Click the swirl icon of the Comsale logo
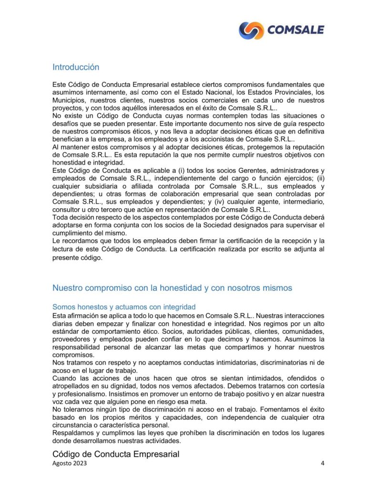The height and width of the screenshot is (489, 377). pos(251,30)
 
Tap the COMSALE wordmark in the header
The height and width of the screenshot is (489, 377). pos(295,30)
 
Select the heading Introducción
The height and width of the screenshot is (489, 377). pos(76,67)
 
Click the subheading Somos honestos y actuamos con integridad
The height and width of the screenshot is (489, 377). pos(124,307)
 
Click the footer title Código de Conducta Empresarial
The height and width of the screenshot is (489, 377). pos(116,454)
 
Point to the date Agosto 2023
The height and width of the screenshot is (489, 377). pos(70,464)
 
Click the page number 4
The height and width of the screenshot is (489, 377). pos(322,464)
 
